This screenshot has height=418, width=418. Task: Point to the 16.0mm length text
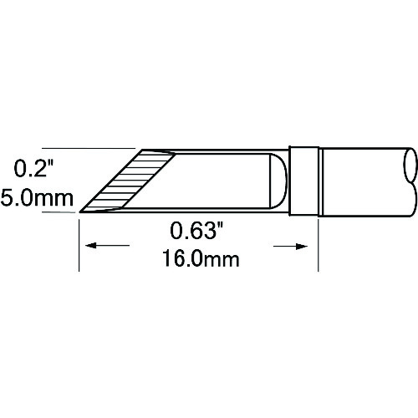tap(198, 258)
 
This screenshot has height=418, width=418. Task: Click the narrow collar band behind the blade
tap(307, 181)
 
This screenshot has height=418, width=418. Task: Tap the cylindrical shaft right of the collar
tap(364, 181)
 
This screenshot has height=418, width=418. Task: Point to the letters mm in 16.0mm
tap(223, 258)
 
